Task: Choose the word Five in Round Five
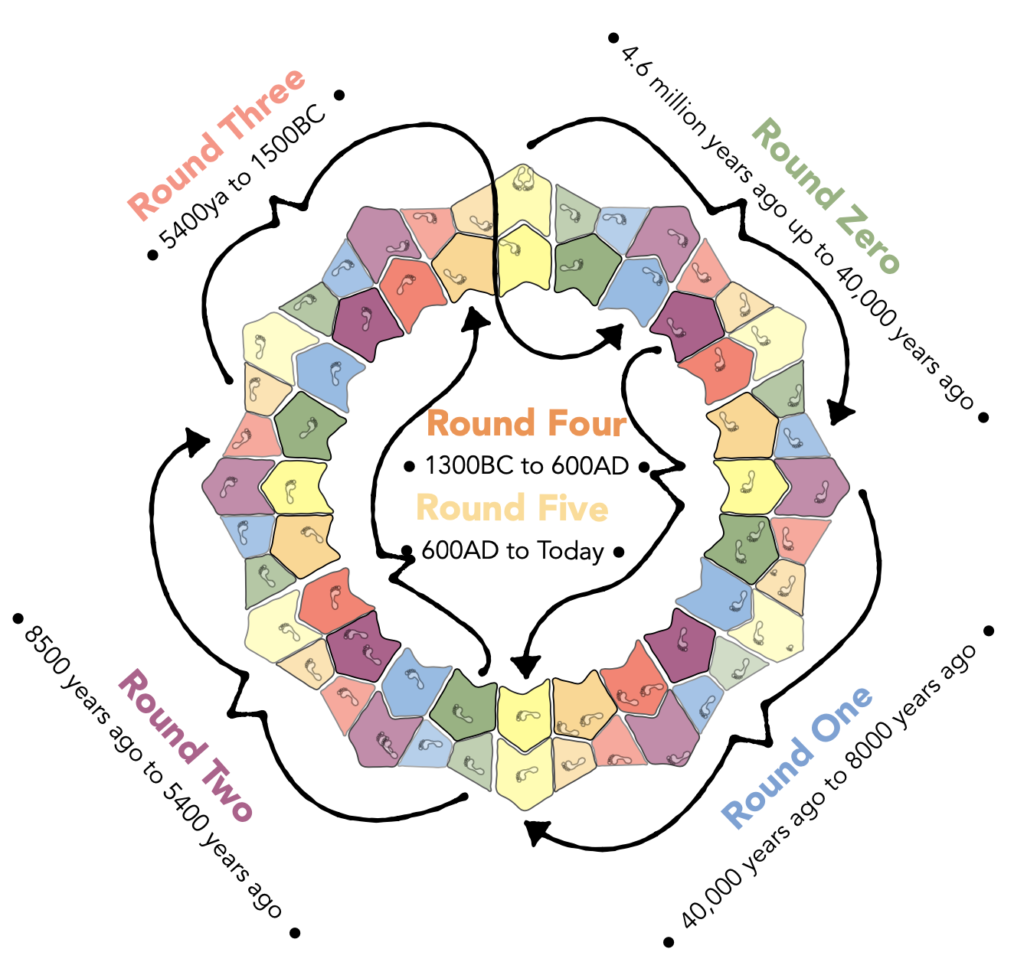(573, 509)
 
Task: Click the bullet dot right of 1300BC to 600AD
(644, 466)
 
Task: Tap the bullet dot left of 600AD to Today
(407, 551)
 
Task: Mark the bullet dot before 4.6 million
(613, 37)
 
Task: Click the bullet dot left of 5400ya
(152, 255)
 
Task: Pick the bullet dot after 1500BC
(339, 95)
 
